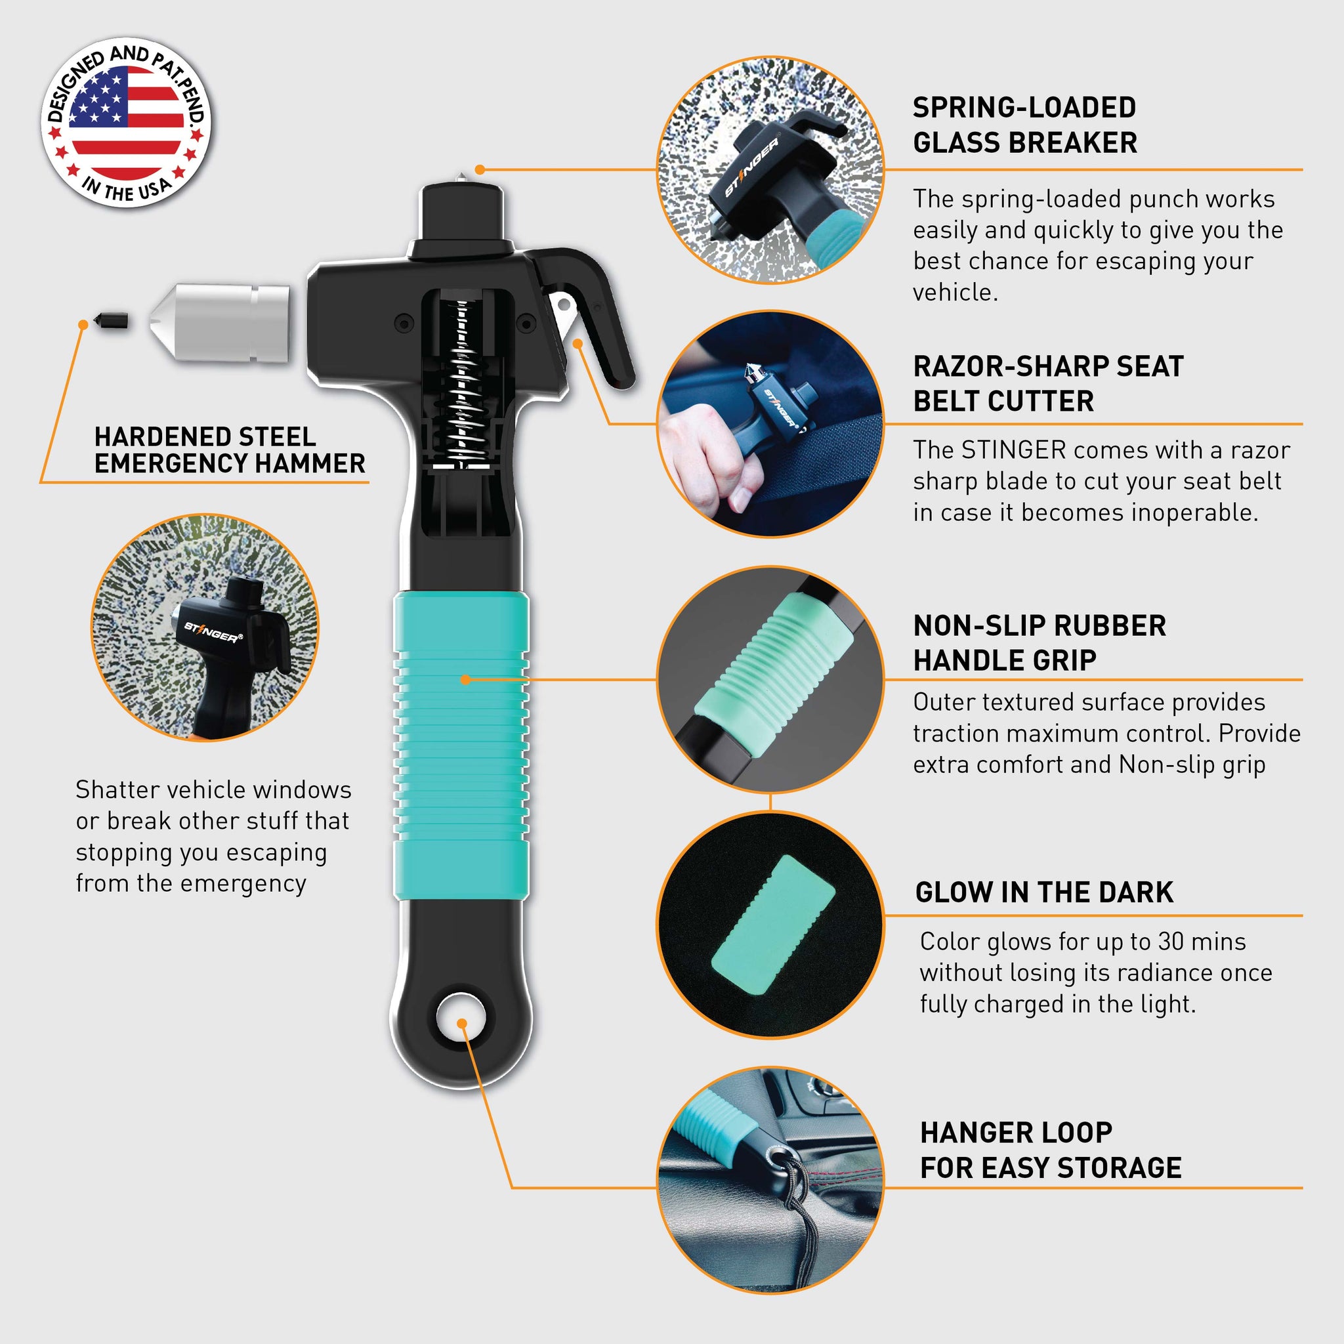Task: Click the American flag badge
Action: [126, 123]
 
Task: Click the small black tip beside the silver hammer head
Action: [113, 321]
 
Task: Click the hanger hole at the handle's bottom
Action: [461, 1018]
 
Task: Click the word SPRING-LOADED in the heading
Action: [1024, 108]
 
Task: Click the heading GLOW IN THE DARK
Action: [1044, 892]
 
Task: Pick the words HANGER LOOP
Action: [1016, 1133]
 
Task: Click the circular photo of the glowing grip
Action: [770, 925]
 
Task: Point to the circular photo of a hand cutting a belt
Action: [770, 425]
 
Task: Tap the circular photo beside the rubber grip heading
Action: [770, 680]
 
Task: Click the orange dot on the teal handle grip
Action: [465, 679]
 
